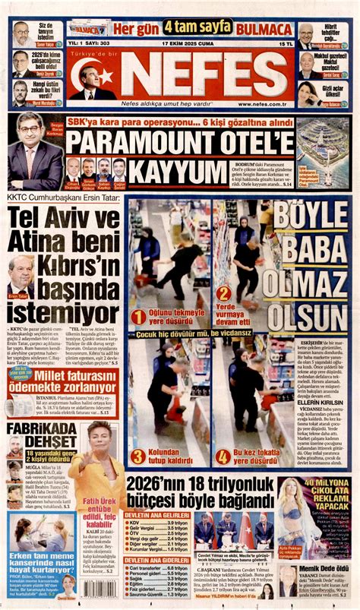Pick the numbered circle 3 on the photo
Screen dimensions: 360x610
point(137,456)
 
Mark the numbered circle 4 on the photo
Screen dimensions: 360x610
point(223,456)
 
